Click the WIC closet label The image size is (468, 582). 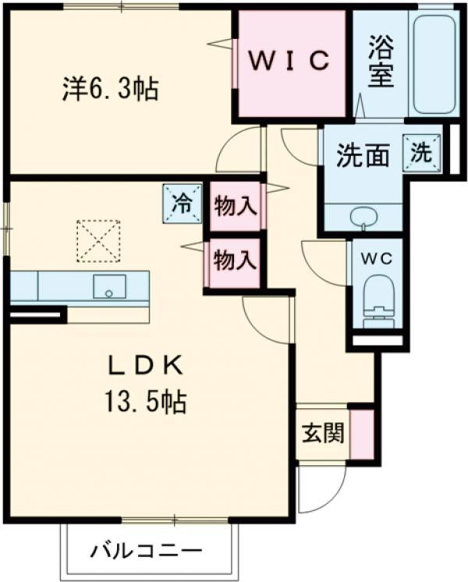coord(289,61)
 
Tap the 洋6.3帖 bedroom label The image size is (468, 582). coord(111,89)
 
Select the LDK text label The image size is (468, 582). coord(145,365)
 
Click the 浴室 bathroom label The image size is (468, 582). coord(381,62)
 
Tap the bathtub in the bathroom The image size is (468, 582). coord(434,65)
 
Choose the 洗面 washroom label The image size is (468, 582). coord(363,156)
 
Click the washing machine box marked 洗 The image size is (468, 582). coord(421,153)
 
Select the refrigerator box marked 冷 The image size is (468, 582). coord(183,204)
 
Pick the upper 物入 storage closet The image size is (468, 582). coord(235,206)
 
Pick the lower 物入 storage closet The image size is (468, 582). coord(235,263)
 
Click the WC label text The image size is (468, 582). coord(377,259)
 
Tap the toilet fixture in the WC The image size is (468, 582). coord(378,302)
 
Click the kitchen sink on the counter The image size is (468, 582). coord(109,286)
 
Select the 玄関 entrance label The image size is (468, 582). coord(323,433)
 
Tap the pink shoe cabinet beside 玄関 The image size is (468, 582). coord(362,434)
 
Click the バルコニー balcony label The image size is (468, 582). coord(147,550)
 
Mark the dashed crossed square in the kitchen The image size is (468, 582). coord(98,242)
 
